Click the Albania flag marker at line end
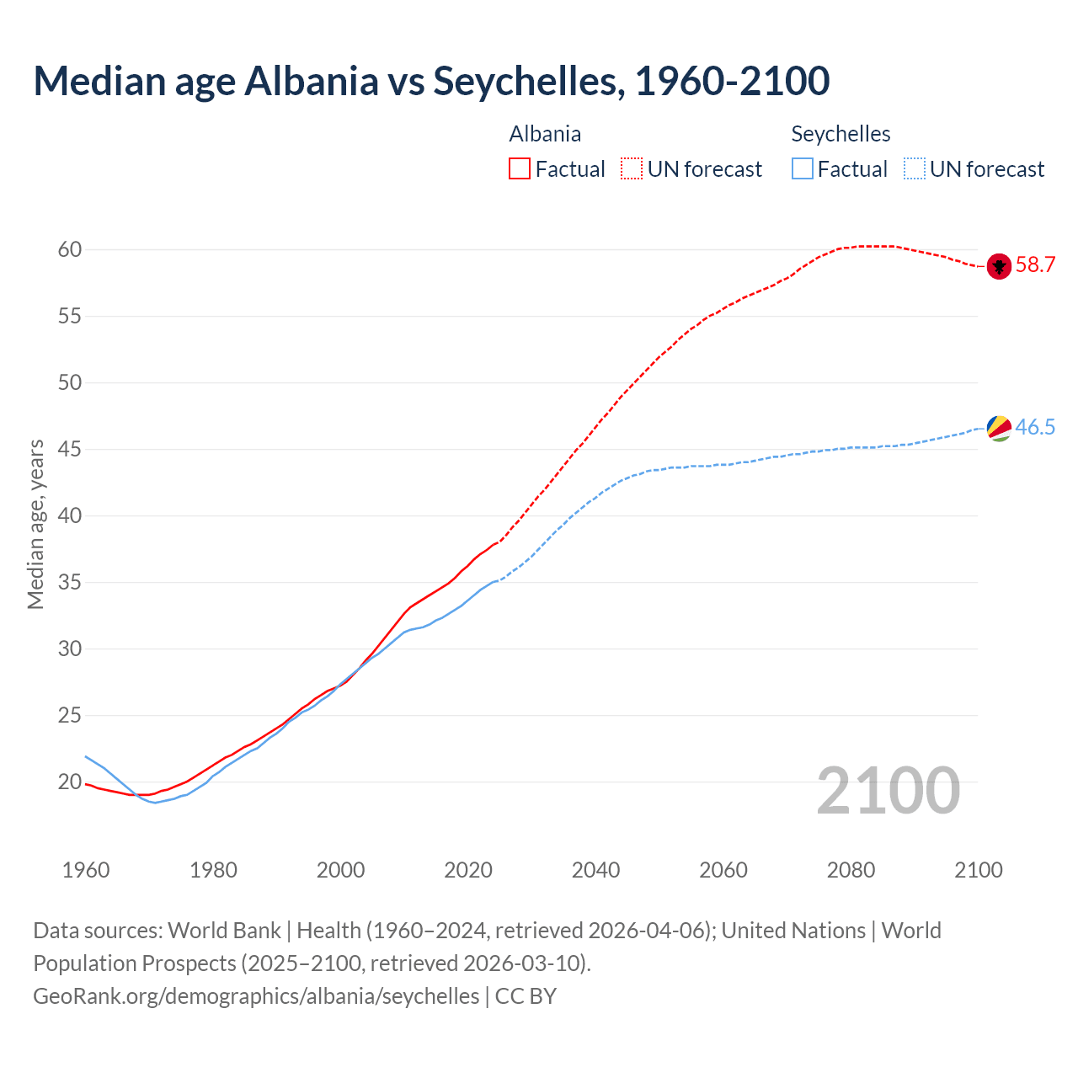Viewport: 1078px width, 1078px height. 999,266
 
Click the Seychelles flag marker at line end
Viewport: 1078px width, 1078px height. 999,428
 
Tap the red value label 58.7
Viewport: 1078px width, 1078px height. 1035,265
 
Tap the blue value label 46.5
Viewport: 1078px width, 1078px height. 1035,427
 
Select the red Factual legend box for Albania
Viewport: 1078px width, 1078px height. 520,168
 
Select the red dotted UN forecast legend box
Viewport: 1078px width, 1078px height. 632,168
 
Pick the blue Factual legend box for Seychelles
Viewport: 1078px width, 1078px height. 803,168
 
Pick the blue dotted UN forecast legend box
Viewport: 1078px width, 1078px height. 915,168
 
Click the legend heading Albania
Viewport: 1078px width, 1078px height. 545,134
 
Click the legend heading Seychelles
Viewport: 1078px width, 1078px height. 841,134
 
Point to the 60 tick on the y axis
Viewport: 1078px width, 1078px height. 70,249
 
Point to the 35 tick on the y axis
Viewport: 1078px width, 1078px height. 70,582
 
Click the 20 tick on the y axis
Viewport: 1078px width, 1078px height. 70,782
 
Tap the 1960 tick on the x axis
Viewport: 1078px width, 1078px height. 86,870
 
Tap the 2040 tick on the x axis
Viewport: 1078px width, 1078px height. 595,870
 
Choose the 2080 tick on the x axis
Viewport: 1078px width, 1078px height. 851,870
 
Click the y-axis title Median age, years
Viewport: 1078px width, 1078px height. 35,524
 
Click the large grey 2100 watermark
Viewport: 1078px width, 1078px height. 888,790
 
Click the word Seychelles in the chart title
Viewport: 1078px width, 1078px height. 528,81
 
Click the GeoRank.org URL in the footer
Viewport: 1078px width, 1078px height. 256,995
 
